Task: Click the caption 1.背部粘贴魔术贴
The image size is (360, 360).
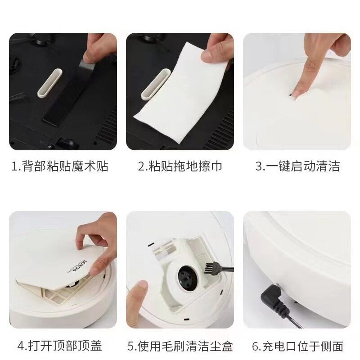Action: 60,166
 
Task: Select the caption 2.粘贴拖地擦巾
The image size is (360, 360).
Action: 180,166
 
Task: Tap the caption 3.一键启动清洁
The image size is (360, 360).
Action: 297,166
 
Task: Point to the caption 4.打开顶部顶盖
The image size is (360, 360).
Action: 60,346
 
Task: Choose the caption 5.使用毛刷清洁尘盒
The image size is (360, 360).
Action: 180,346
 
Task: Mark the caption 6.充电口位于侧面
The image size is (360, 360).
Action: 297,346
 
